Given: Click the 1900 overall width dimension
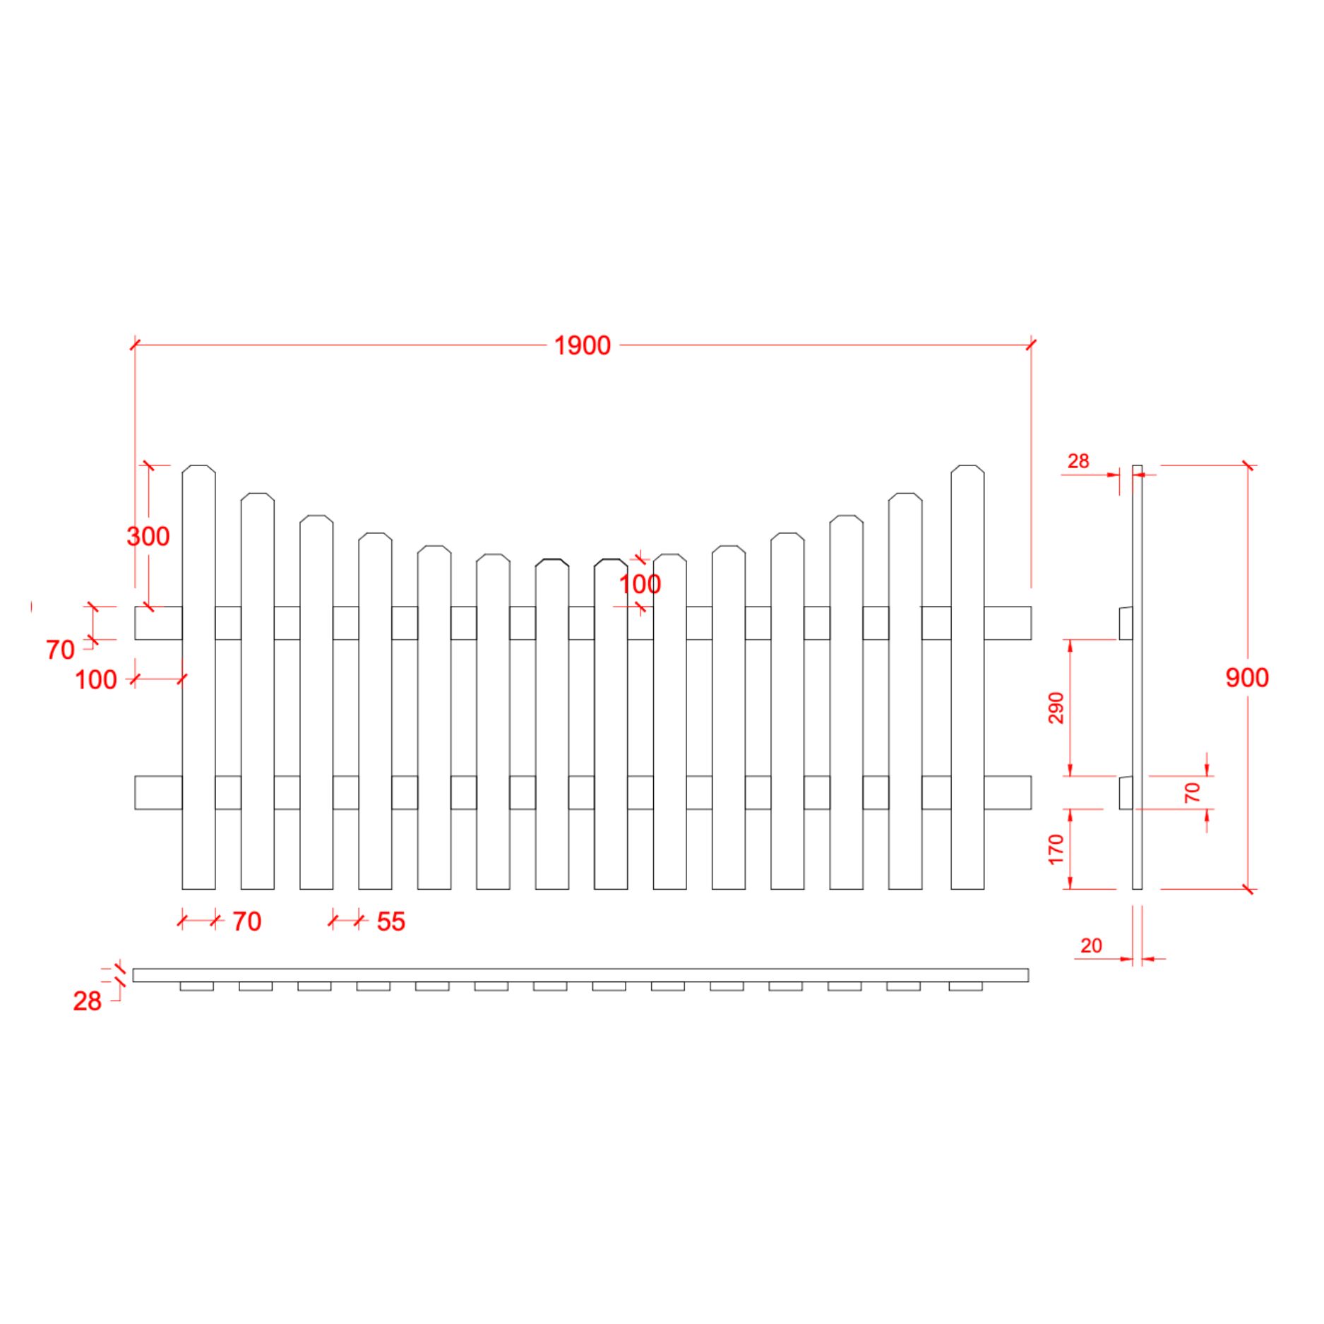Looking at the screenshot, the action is (x=582, y=346).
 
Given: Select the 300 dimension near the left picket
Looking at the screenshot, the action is (x=148, y=537).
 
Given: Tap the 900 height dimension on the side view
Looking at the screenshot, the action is (x=1247, y=678).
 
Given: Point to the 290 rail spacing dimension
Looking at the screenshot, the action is (x=1056, y=708).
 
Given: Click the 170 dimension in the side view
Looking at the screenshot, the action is (x=1056, y=849).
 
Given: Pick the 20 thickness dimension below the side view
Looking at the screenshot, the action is (x=1091, y=946).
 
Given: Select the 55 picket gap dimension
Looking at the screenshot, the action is (x=390, y=922).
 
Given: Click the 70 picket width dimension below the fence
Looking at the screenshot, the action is (x=246, y=922).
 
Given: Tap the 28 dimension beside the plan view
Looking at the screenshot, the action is (x=88, y=1001).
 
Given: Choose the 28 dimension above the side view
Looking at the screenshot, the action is (x=1078, y=461).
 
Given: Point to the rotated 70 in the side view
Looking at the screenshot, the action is (x=1192, y=792).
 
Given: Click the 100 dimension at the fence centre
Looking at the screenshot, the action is (x=640, y=585).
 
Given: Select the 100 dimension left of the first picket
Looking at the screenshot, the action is (x=96, y=680).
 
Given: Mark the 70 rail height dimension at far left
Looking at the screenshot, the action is (x=60, y=650).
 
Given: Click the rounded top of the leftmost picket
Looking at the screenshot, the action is (x=199, y=468).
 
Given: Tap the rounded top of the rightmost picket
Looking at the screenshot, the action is (x=967, y=468).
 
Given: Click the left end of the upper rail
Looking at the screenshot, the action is (x=136, y=623).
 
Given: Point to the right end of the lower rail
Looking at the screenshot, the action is (x=1031, y=792).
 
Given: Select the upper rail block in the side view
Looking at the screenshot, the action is (x=1126, y=624).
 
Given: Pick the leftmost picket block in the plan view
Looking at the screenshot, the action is (x=197, y=986).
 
